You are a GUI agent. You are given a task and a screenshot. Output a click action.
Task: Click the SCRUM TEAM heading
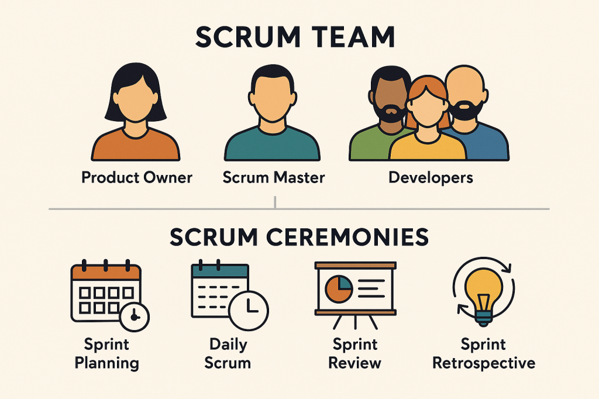click(295, 37)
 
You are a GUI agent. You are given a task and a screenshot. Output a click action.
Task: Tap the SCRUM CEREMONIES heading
click(299, 238)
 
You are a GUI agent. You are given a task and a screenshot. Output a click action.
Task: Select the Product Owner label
click(137, 177)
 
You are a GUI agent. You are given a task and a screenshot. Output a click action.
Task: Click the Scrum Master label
click(274, 177)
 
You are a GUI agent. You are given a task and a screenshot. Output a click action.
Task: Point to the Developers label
click(431, 177)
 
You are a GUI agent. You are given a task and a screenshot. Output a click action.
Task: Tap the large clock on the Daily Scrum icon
click(248, 308)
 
